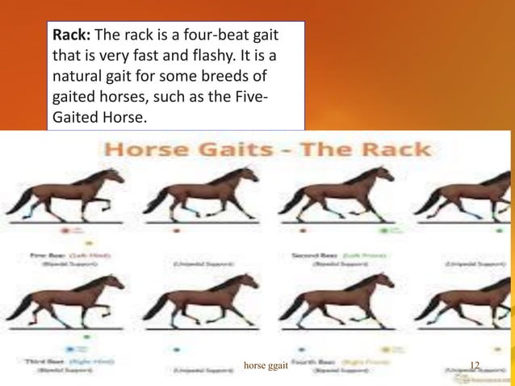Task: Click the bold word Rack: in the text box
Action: click(x=73, y=37)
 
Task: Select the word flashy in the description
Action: click(x=212, y=58)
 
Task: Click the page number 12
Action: click(x=475, y=367)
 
